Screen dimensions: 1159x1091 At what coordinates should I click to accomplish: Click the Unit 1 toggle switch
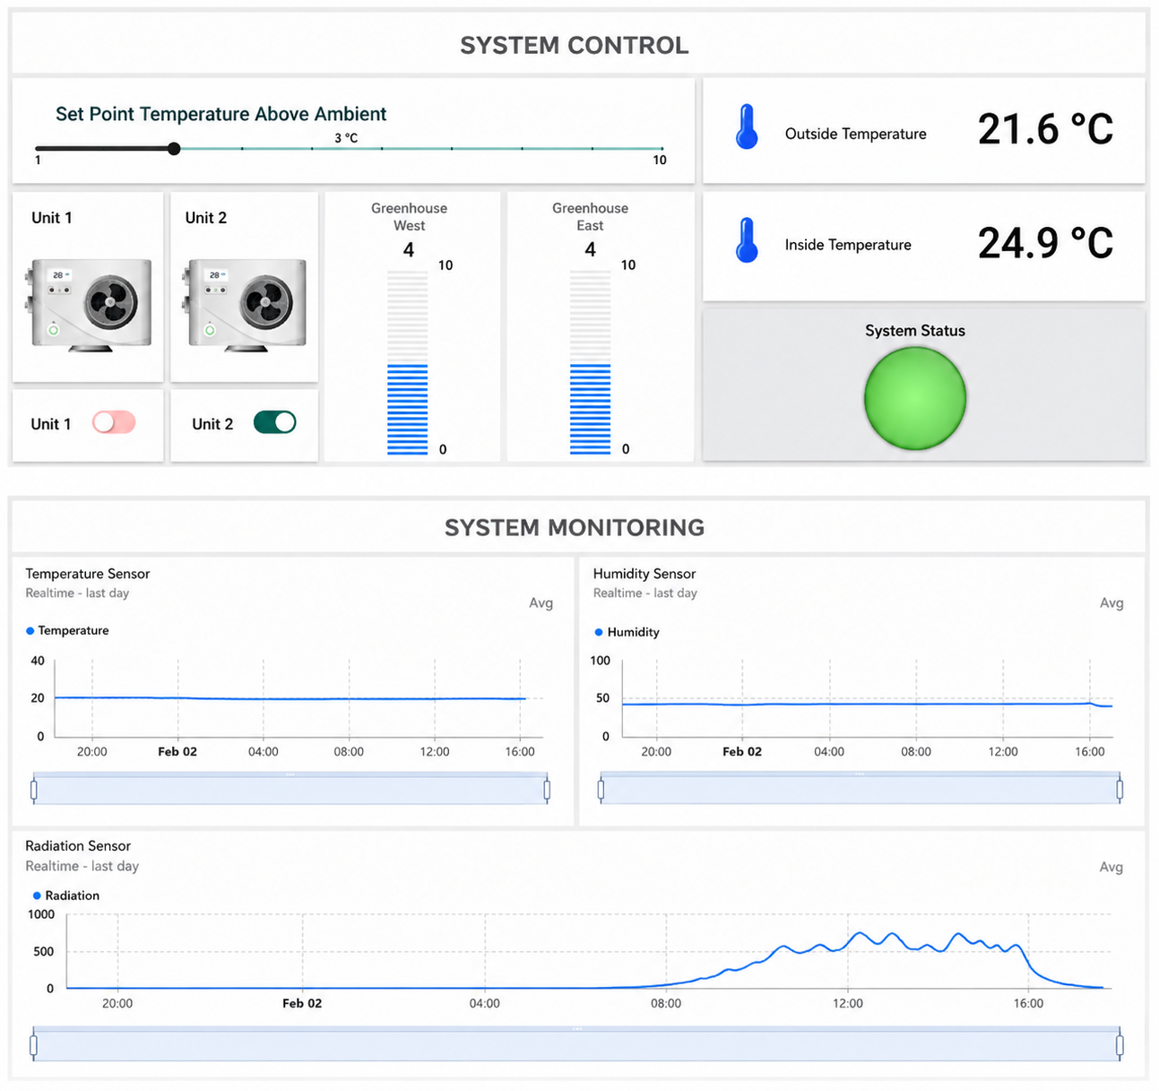point(114,422)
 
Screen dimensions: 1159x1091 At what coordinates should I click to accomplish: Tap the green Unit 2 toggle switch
point(275,422)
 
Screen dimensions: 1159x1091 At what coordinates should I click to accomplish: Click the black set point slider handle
point(174,149)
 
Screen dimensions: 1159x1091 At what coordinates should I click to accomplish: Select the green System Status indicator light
point(914,398)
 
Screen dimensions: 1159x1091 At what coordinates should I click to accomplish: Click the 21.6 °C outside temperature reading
point(1045,129)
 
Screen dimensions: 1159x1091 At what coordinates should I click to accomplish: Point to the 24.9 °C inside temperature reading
point(1045,243)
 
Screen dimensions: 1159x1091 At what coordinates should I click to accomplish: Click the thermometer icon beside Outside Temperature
point(747,126)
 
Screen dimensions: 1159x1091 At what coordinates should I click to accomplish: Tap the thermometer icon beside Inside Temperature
point(747,240)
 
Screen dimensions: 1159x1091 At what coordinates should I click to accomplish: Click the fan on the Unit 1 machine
point(111,302)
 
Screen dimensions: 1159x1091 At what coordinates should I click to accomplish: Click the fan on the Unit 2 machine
point(266,302)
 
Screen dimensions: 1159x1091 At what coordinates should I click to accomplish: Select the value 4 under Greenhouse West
point(409,250)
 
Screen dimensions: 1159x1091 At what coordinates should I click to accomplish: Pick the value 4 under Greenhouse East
point(590,250)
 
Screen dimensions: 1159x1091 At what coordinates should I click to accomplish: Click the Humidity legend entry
point(627,632)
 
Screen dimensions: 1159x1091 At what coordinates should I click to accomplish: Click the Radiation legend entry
point(66,896)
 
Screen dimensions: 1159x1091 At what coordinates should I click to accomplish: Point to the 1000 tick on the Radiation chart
point(41,914)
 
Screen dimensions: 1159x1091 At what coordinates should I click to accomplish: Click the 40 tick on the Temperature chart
point(38,661)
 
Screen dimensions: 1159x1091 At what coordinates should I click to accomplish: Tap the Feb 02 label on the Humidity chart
point(741,752)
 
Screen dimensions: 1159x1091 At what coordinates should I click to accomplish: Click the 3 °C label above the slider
point(346,138)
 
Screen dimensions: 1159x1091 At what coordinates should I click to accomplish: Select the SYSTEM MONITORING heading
point(575,528)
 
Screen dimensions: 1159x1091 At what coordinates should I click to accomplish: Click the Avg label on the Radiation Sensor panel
point(1111,867)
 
